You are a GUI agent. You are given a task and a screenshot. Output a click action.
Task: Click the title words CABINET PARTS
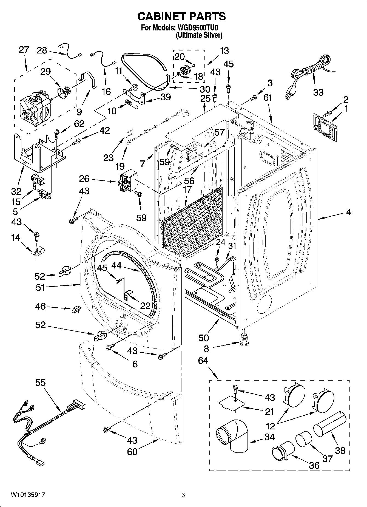[181, 16]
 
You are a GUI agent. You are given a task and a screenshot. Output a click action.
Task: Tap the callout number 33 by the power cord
[318, 92]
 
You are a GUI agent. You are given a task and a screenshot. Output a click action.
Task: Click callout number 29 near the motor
[45, 72]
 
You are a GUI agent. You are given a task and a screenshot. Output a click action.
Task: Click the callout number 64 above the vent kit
[203, 361]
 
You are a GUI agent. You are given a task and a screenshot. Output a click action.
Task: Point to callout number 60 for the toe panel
[132, 451]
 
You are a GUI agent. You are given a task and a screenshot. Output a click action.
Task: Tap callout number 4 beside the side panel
[348, 212]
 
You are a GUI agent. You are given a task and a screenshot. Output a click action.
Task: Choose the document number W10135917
[28, 495]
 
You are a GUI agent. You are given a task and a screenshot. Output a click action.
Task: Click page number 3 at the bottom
[183, 495]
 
